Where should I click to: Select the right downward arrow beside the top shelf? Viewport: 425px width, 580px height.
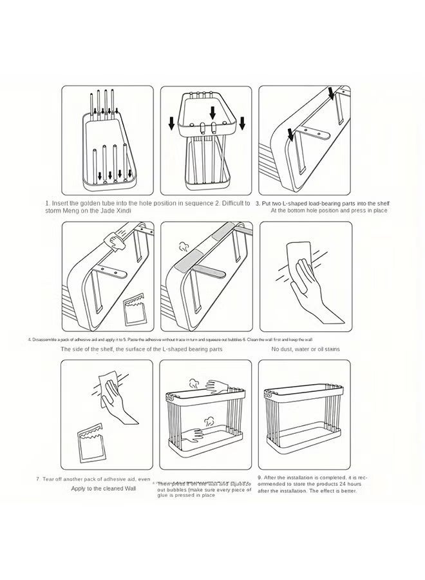242,122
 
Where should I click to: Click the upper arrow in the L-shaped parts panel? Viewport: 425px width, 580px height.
331,95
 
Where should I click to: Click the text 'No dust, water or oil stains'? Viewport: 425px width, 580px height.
305,349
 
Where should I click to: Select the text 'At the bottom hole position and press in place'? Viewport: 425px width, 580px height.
328,210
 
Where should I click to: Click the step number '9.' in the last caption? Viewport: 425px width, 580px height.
260,477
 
